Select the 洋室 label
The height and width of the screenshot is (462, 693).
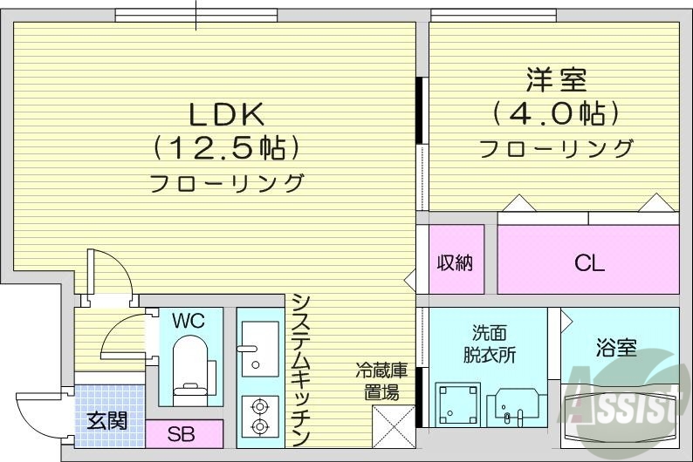556,80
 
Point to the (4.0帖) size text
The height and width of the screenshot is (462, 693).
556,113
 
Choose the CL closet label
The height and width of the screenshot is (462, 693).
589,262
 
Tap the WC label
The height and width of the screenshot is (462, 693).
188,321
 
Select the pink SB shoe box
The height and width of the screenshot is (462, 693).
183,432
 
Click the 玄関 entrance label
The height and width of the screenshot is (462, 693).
107,421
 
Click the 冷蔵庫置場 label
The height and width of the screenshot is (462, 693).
381,381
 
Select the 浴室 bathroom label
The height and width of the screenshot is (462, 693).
616,350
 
